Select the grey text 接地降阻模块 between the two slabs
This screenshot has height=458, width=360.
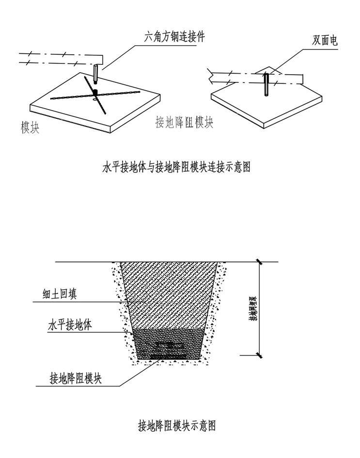[x=184, y=122]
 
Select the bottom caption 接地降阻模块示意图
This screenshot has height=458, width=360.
[x=177, y=426]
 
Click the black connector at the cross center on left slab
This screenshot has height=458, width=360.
[x=95, y=91]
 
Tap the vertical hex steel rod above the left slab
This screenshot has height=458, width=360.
[x=96, y=75]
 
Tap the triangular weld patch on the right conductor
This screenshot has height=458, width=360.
[x=266, y=70]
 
